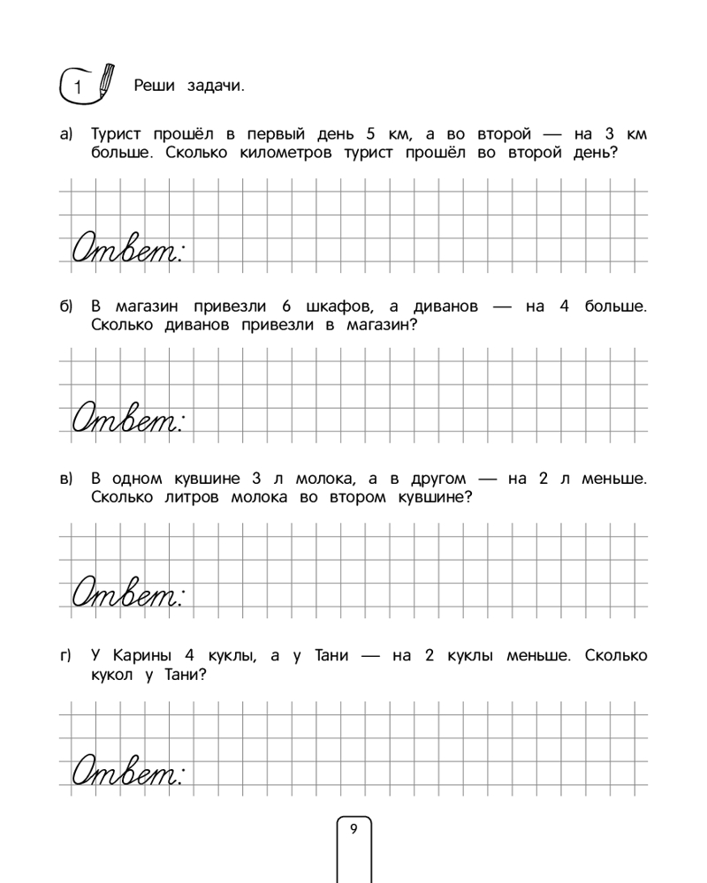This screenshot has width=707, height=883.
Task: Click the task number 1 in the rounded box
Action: [x=78, y=87]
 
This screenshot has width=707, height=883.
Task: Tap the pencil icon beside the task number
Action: [x=105, y=79]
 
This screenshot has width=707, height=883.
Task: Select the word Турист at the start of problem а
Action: [x=119, y=135]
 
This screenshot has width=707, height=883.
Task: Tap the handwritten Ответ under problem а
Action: [x=125, y=249]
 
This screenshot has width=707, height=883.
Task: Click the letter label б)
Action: [x=65, y=308]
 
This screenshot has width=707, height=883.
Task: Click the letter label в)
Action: [x=65, y=480]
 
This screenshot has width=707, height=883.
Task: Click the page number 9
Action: [x=353, y=828]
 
